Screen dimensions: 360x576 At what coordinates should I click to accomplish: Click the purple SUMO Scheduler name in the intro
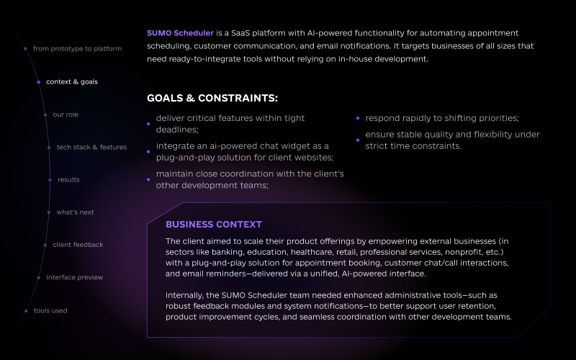point(180,33)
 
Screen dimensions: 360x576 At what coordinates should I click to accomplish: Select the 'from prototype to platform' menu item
point(77,49)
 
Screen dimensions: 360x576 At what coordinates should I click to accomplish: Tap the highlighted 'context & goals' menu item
point(72,82)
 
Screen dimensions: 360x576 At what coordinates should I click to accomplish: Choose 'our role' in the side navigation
point(66,114)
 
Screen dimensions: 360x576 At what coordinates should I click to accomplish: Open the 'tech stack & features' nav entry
point(91,148)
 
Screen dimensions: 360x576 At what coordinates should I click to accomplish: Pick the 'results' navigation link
point(68,180)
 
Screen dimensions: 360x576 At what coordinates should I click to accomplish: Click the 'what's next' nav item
point(75,212)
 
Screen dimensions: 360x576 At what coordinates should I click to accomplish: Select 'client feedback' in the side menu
point(78,245)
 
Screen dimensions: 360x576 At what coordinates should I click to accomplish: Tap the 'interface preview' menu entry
point(74,277)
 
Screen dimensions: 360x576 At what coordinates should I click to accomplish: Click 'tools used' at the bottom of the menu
point(50,311)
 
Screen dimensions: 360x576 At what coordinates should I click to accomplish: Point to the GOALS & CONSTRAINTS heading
point(212,98)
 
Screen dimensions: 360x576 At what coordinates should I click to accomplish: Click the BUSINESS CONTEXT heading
point(214,225)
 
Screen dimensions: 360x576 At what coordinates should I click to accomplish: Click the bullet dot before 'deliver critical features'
point(148,124)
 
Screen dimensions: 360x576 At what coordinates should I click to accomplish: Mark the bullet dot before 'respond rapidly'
point(358,118)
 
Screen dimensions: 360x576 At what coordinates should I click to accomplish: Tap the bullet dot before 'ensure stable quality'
point(358,140)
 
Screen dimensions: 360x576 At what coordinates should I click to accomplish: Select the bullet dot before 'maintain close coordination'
point(148,179)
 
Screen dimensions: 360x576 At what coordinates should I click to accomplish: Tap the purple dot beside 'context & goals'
point(39,82)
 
